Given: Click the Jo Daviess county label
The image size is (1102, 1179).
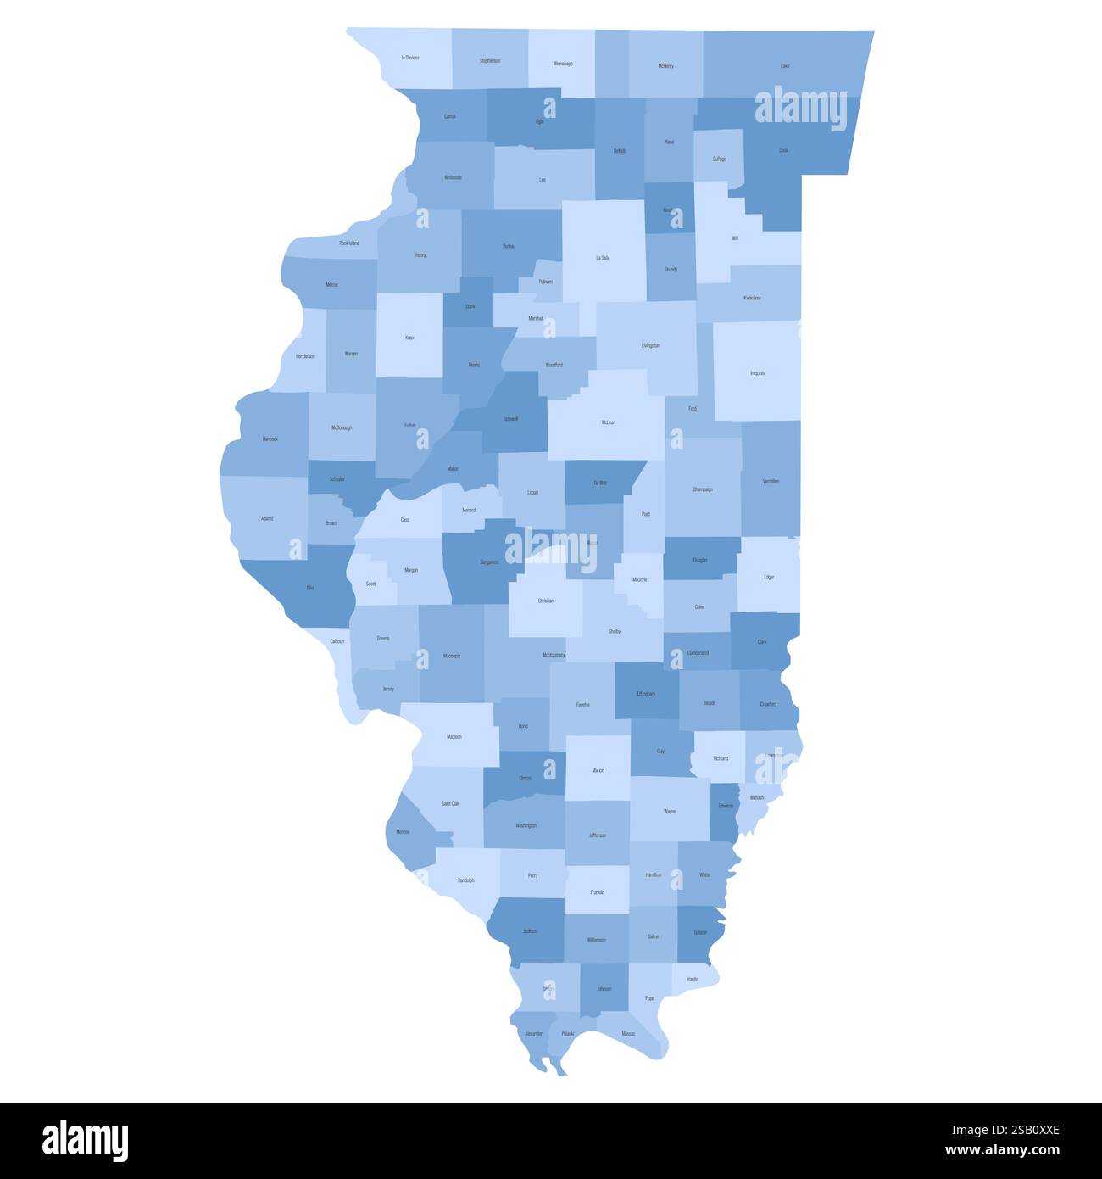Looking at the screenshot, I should point(410,58).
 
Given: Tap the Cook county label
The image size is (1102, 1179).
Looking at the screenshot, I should point(783,150).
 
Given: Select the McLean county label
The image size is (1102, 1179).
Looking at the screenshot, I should point(609,422).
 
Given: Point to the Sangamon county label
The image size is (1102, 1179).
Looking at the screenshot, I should point(489,562).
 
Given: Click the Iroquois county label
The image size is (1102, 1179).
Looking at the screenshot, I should point(757,372).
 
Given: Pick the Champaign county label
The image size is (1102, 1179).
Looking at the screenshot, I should point(703,489).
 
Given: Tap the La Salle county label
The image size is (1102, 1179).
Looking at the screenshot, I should point(603,257).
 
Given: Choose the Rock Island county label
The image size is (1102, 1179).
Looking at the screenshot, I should point(348,243).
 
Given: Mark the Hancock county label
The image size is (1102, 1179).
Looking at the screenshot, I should point(270,439).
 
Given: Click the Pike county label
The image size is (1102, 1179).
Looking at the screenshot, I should point(310,587).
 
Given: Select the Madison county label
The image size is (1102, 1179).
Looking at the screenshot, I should point(454,736).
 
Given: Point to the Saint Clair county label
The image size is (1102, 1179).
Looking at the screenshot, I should point(450,802).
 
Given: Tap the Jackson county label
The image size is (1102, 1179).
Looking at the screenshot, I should point(530,931).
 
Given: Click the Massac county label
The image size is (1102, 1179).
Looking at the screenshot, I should point(628,1033).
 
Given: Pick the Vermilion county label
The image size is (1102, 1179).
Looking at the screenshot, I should point(771,481).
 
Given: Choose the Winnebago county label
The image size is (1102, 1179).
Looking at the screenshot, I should point(563,64).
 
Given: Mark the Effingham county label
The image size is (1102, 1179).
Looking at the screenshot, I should point(646,694).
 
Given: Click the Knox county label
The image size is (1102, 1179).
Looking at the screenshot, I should point(409,338).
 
